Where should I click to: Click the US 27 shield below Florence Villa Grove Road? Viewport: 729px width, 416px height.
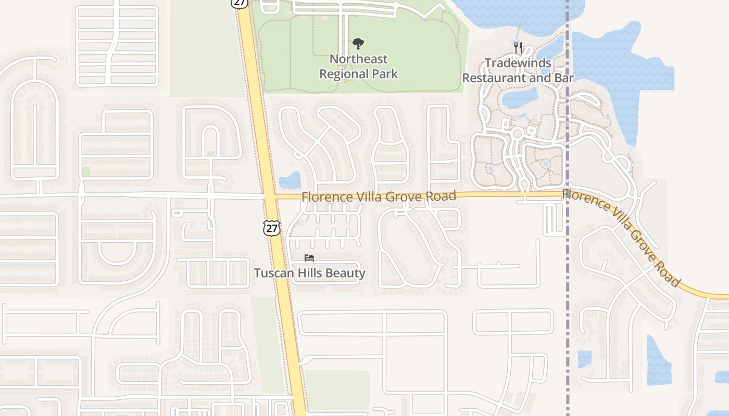271,228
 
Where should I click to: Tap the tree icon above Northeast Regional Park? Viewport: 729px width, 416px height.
358,44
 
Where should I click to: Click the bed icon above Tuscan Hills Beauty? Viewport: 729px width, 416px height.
309,258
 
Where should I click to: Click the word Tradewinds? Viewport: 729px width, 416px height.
518,63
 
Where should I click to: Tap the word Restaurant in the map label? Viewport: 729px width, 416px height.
494,79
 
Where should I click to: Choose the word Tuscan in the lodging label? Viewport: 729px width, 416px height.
271,273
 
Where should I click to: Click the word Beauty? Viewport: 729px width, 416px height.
346,273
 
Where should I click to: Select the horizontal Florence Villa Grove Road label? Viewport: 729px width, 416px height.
379,197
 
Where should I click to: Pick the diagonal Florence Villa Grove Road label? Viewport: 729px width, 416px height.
622,237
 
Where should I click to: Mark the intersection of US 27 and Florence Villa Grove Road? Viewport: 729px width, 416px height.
269,197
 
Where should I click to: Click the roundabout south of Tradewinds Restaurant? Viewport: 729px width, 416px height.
517,134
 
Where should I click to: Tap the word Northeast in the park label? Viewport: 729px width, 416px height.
358,59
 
